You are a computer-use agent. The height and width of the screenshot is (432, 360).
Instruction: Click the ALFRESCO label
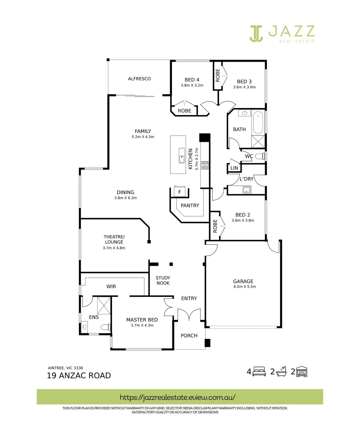pos(139,79)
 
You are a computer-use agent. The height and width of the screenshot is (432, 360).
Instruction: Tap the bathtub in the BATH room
pos(258,123)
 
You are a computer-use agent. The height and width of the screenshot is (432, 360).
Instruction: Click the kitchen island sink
pos(182,158)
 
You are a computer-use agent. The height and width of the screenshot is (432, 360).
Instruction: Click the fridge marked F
pos(180,192)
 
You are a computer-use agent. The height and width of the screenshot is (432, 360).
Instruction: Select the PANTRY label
pos(190,206)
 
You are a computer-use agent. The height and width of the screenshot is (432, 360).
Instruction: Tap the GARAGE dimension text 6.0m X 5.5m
pos(244,286)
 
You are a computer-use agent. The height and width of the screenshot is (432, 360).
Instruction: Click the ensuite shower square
pos(104,306)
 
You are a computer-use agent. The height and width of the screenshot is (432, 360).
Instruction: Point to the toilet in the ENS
pos(105,327)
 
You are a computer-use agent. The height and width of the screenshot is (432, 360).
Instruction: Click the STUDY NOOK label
pos(163,280)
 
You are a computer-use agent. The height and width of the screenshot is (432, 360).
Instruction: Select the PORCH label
pos(189,336)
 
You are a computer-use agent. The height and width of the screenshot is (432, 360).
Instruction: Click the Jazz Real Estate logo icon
pos(256,33)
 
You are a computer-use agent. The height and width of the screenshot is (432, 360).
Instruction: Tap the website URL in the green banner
pos(178,397)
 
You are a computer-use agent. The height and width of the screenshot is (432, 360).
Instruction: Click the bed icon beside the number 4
pos(259,372)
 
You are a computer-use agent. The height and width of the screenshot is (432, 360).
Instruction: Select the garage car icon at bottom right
pos(302,372)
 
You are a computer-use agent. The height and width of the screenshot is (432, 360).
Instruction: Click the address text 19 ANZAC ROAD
pos(79,376)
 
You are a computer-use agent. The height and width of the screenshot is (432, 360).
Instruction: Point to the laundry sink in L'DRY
pos(246,190)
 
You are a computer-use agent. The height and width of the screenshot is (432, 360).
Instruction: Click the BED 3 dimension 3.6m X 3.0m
pos(244,87)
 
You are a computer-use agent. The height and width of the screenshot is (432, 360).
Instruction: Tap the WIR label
pos(111,286)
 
